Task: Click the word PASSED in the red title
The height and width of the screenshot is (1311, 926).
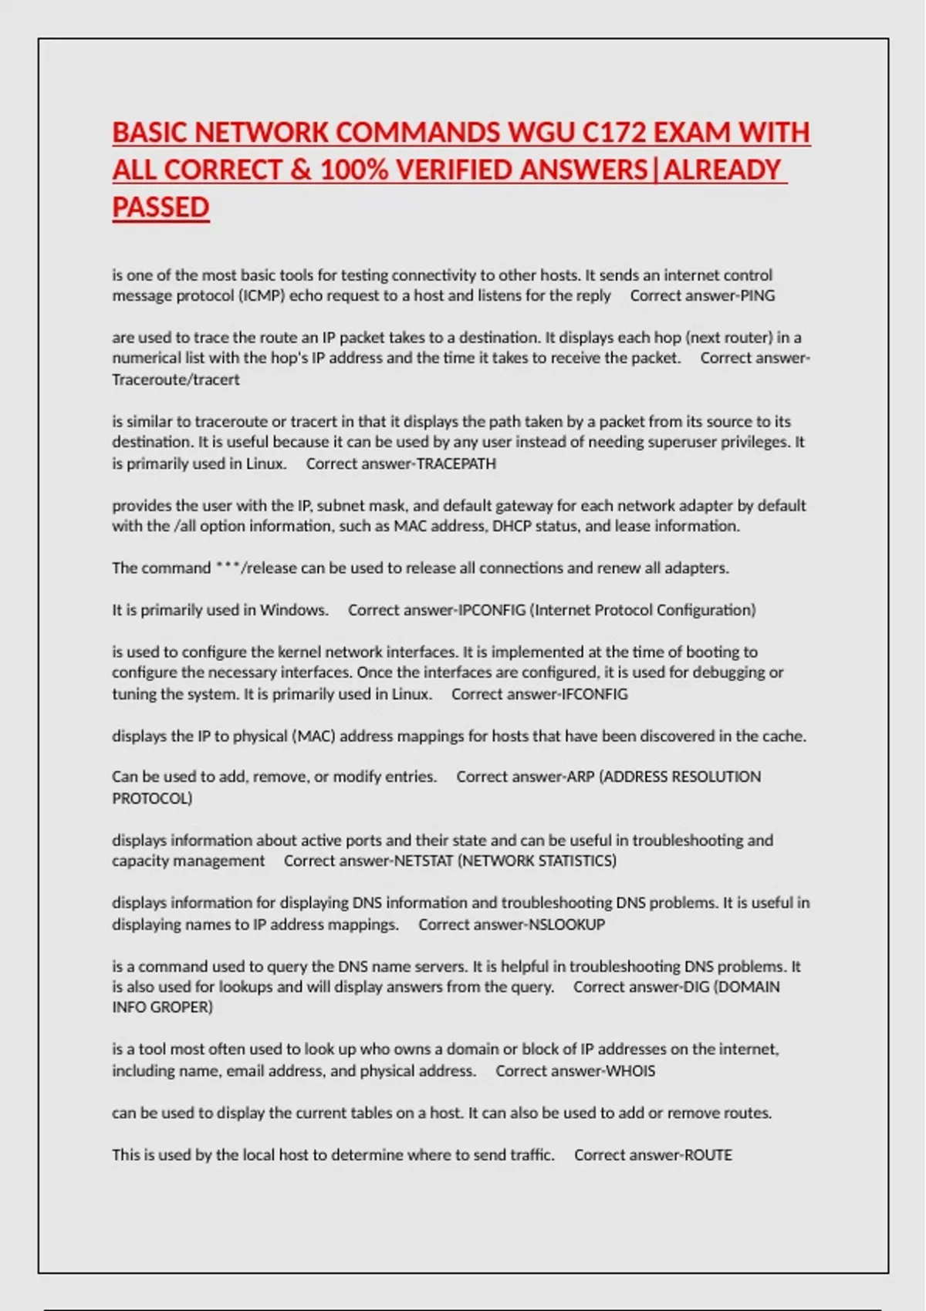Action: (161, 207)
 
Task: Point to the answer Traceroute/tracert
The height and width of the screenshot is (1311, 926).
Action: (176, 379)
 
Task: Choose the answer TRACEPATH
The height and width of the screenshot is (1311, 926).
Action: (456, 463)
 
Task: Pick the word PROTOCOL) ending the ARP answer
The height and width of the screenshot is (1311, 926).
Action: (152, 799)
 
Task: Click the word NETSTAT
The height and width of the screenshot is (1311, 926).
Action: (423, 861)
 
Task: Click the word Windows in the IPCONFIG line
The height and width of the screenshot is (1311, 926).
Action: (294, 610)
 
